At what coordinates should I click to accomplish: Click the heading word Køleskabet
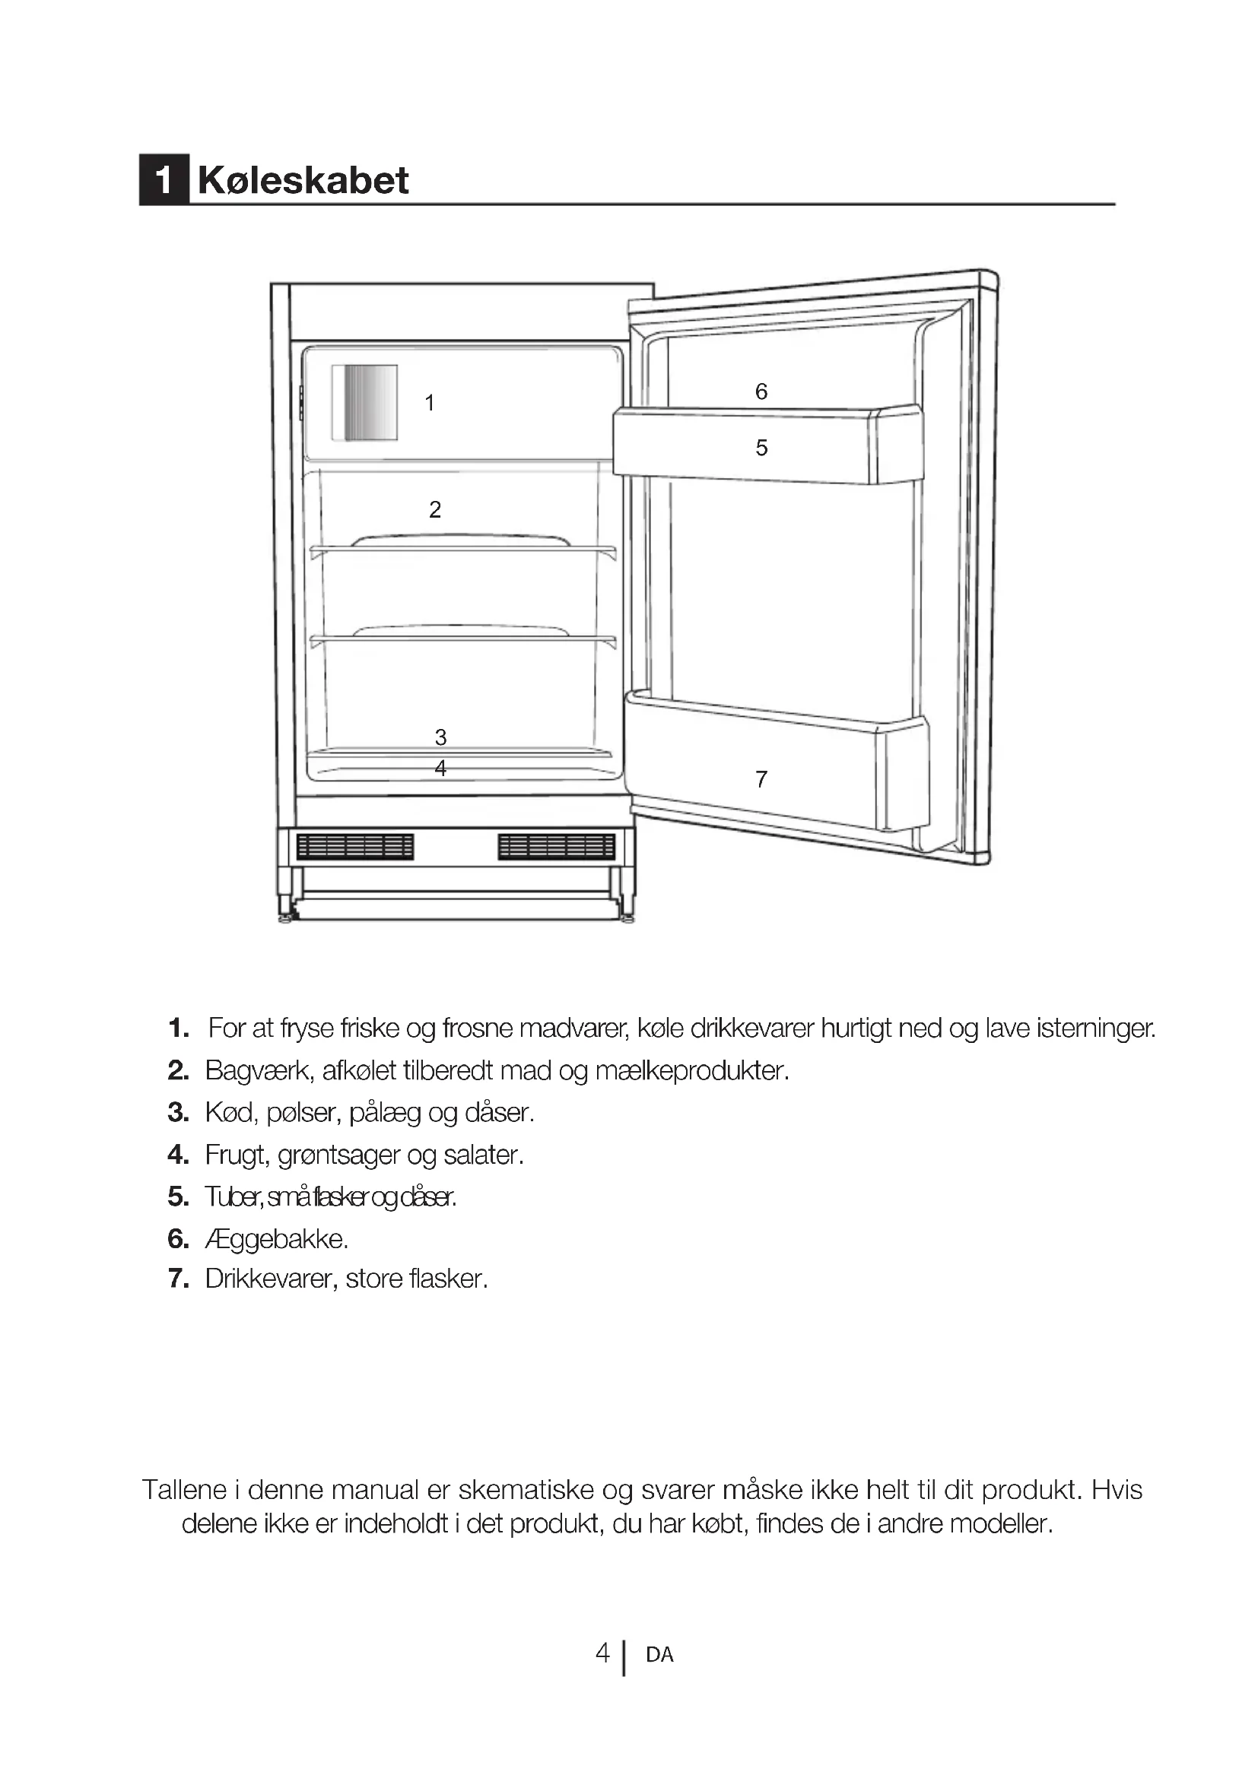pos(303,180)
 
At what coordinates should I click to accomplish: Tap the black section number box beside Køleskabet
pos(164,180)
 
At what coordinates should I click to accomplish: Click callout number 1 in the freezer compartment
pos(430,403)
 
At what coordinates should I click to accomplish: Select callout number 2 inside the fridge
pos(435,509)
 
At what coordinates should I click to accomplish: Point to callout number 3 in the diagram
pos(441,737)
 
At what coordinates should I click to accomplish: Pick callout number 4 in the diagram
pos(441,769)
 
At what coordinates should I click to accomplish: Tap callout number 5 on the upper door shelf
pos(761,448)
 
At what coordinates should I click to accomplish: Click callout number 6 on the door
pos(761,391)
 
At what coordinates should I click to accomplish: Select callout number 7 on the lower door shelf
pos(761,779)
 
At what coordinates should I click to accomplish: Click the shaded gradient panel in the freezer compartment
pos(365,403)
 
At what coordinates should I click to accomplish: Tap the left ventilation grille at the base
pos(354,846)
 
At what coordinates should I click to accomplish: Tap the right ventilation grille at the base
pos(556,846)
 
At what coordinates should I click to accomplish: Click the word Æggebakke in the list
pos(276,1239)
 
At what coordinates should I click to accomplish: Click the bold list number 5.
pos(178,1197)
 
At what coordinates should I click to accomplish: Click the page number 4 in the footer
pos(602,1653)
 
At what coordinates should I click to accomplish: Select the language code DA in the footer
pos(659,1655)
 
